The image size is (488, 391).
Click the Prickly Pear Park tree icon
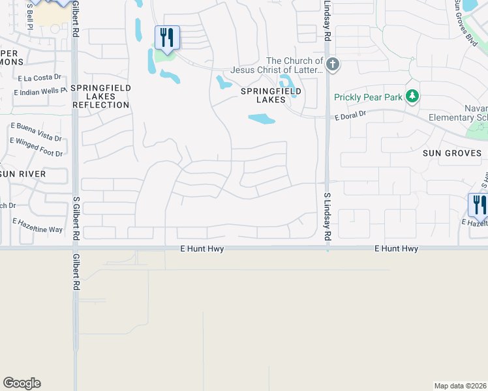(x=412, y=96)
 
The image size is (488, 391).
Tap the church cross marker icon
(x=333, y=64)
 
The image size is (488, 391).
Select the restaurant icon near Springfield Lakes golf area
(x=167, y=38)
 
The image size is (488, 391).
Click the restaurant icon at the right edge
(x=480, y=205)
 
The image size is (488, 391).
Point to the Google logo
(x=22, y=383)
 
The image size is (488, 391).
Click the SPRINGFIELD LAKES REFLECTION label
(x=101, y=96)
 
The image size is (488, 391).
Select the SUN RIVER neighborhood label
(x=23, y=174)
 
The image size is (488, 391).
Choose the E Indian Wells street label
(x=39, y=91)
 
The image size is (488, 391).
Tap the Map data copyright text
(x=461, y=386)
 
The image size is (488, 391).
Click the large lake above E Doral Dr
(x=261, y=119)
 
